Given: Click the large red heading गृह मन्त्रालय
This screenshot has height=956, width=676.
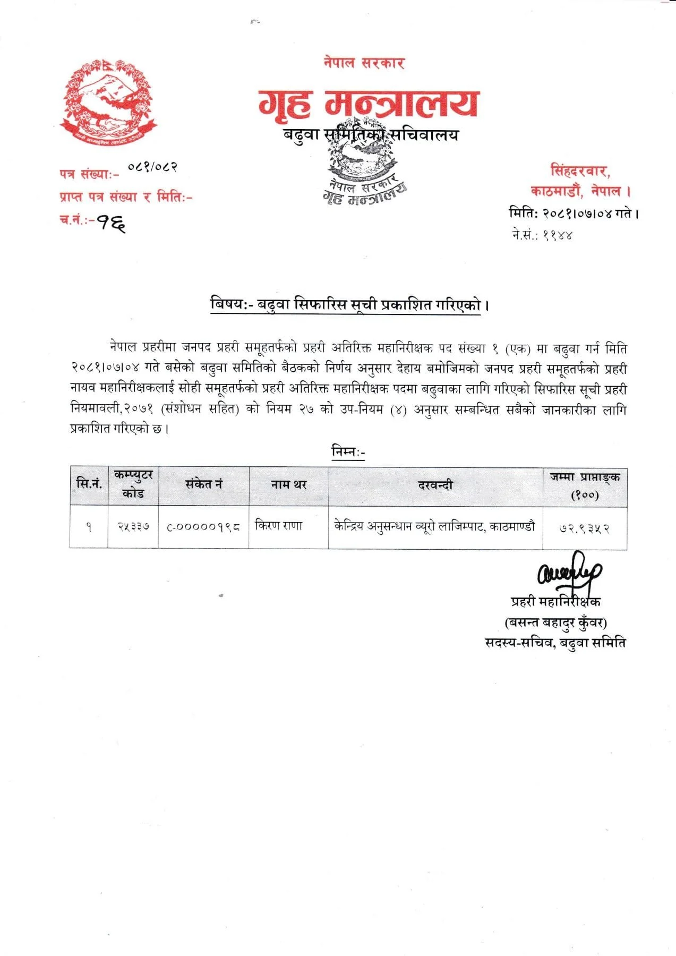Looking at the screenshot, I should [x=369, y=103].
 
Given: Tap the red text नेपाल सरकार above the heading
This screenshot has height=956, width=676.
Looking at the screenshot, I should [x=364, y=63].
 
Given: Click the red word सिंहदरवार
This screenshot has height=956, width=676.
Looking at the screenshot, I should [x=580, y=171].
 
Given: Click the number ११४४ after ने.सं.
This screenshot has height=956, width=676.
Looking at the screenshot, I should [x=557, y=235].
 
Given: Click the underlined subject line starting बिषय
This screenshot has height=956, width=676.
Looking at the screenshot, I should [x=349, y=305].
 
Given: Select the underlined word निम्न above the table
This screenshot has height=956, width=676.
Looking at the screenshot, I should [x=348, y=451].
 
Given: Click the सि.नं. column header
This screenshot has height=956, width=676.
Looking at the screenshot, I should [x=89, y=484].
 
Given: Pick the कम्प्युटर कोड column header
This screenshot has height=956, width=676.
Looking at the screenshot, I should [x=133, y=484].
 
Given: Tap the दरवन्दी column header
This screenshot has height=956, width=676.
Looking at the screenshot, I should [x=435, y=485].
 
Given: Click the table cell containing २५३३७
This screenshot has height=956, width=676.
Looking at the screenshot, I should [x=133, y=527].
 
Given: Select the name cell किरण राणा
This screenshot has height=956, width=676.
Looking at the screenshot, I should [x=279, y=526].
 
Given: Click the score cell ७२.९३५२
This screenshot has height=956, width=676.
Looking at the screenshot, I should [x=584, y=528].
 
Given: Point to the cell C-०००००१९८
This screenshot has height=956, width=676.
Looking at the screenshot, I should [x=203, y=527].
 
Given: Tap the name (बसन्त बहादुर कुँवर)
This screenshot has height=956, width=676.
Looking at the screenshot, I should [x=555, y=622].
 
